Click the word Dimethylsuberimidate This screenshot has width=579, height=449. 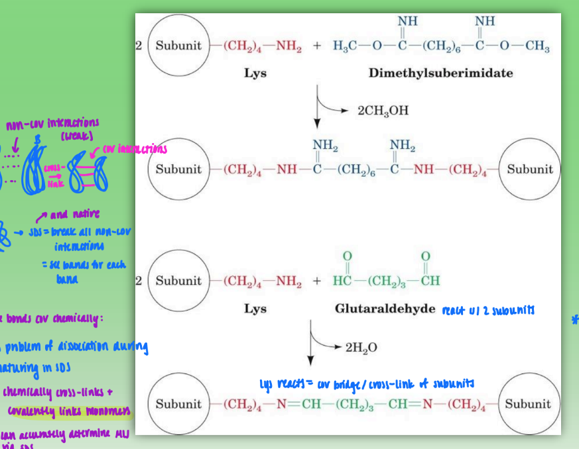pos(440,73)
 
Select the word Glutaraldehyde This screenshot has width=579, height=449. pos(385,309)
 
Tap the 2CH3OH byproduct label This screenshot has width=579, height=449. pos(383,110)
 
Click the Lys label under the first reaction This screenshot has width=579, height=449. pos(255,73)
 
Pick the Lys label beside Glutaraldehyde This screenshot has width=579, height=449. pos(255,309)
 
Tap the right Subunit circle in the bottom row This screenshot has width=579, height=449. pos(528,403)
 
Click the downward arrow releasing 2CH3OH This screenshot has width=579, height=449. pos(318,109)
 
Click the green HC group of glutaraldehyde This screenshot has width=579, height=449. pos(342,281)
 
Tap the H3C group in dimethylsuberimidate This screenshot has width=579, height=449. pos(345,47)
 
